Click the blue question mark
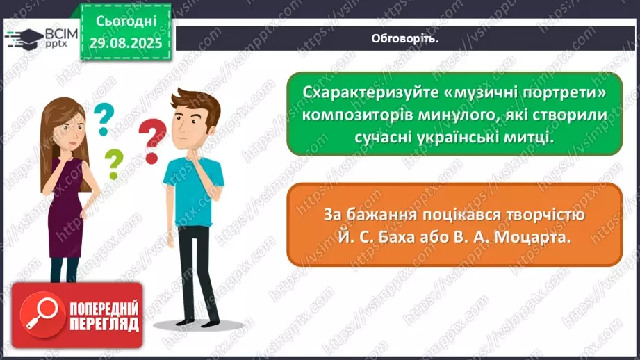[104, 120]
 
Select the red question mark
[153, 140]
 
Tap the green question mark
[113, 165]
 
